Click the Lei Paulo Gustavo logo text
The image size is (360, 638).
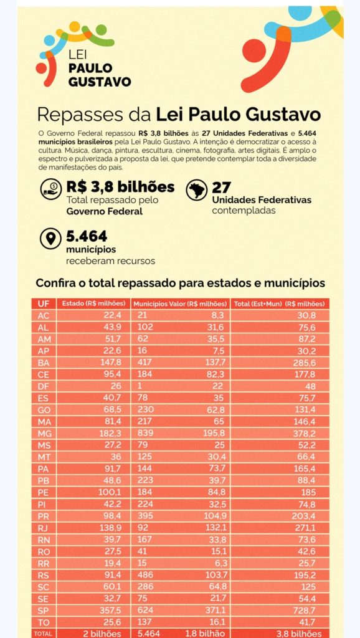pyautogui.click(x=99, y=68)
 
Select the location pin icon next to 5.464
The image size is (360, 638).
pyautogui.click(x=51, y=239)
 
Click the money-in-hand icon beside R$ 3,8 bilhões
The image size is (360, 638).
pyautogui.click(x=51, y=189)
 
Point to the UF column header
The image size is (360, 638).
pyautogui.click(x=44, y=303)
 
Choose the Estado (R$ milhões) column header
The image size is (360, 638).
pyautogui.click(x=93, y=303)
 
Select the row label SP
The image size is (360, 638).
pyautogui.click(x=44, y=611)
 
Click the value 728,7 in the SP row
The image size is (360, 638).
pyautogui.click(x=305, y=611)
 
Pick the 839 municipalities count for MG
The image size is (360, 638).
pyautogui.click(x=145, y=434)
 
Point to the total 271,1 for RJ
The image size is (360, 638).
pyautogui.click(x=305, y=527)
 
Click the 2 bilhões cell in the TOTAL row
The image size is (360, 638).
pyautogui.click(x=102, y=634)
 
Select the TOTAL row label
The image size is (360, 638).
pyautogui.click(x=43, y=634)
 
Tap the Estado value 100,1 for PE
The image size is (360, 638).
pyautogui.click(x=110, y=492)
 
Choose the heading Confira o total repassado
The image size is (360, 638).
pyautogui.click(x=181, y=283)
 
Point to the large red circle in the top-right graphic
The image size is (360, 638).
pyautogui.click(x=254, y=50)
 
